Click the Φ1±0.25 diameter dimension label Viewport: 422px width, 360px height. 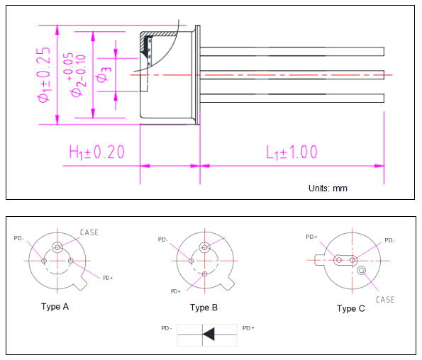coord(44,75)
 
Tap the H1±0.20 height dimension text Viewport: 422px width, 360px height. coord(96,152)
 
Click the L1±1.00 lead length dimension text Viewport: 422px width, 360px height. coord(291,152)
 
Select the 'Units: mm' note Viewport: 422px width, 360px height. coord(328,189)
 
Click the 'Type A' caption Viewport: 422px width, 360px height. coord(55,307)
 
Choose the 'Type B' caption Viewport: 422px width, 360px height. coord(204,308)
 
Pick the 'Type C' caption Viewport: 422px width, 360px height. coord(351,308)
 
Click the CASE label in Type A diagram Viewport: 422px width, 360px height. coord(89,232)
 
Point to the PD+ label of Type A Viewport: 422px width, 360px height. coord(108,277)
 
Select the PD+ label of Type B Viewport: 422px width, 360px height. coord(174,291)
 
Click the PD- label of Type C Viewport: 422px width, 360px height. coord(389,240)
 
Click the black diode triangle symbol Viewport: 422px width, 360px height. coord(209,333)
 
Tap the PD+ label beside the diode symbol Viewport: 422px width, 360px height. coord(248,328)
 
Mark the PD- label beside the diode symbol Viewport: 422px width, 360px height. coord(167,328)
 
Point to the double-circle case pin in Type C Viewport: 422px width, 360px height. coord(362,270)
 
